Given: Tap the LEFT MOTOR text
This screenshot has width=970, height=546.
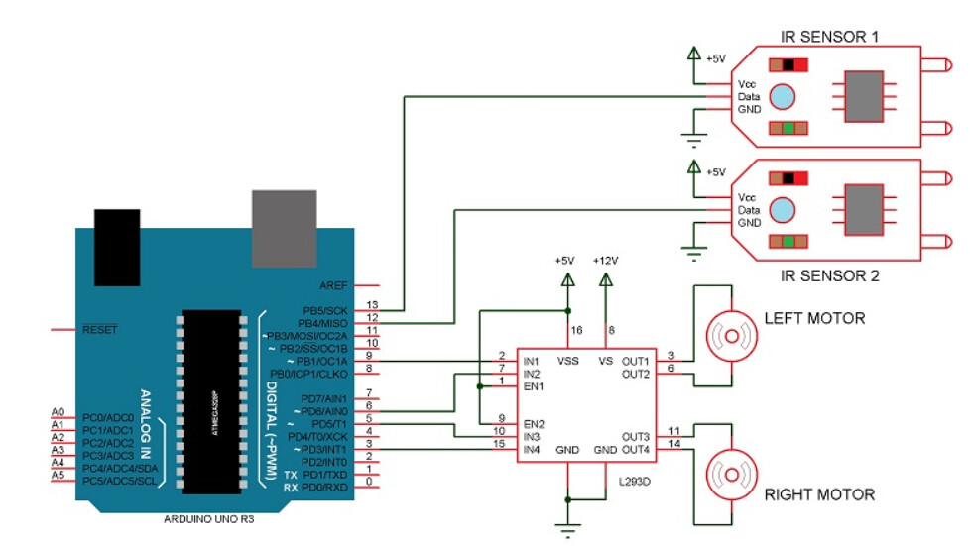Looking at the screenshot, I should click(814, 318).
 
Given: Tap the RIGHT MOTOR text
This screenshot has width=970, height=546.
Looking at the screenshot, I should click(819, 493).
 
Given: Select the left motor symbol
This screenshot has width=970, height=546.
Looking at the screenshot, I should click(728, 337).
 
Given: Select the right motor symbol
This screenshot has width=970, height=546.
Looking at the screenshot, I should click(728, 473).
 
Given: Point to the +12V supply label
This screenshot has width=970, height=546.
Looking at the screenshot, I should click(605, 260).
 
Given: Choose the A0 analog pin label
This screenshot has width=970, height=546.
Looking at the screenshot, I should click(58, 412).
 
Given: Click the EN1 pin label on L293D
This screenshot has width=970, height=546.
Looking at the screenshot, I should click(534, 385).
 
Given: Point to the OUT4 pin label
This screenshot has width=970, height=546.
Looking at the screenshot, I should click(636, 450).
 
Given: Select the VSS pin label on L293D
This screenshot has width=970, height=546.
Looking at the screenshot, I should click(568, 361).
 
